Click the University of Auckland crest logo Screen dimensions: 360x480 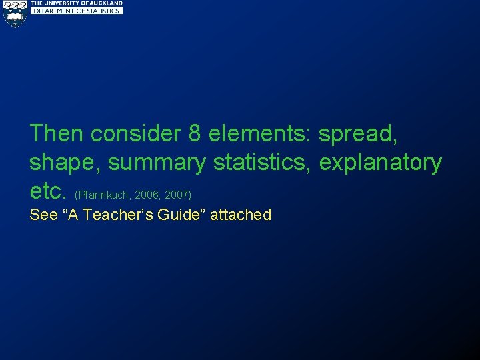(15, 13)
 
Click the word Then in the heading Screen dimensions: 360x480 (57, 133)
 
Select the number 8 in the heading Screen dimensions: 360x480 (195, 133)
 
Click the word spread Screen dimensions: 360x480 (358, 135)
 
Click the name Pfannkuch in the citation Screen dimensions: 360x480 (105, 195)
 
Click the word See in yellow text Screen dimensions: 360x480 (43, 215)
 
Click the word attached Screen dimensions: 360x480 (241, 215)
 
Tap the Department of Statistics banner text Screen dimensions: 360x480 (77, 11)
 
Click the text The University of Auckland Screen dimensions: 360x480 (77, 3)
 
